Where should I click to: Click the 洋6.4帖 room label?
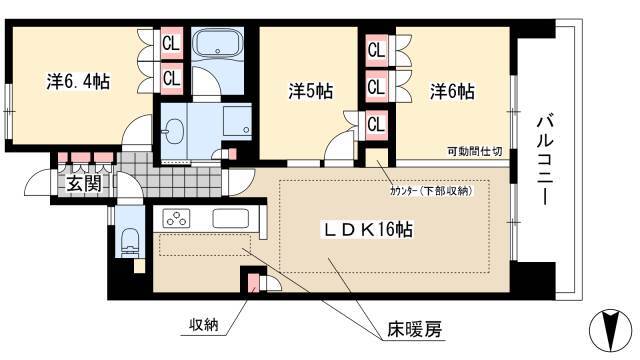click(77, 82)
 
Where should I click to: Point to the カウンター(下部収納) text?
click(433, 189)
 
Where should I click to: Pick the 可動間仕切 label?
click(473, 152)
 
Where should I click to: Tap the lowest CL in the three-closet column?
click(376, 124)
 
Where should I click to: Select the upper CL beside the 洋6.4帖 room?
click(171, 44)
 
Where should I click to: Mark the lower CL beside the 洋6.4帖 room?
click(171, 76)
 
